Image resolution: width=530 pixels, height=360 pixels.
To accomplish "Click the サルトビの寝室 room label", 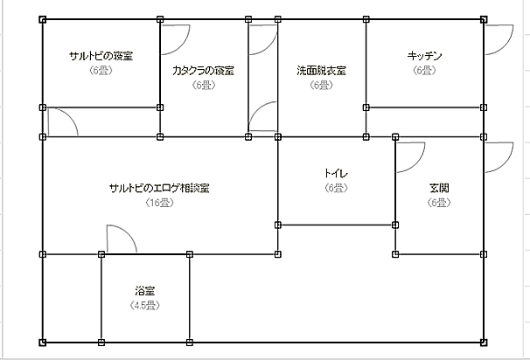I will [101, 57].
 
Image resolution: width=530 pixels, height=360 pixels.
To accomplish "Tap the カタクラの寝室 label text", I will [204, 70].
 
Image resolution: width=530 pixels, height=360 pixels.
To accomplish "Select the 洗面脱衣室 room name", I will [321, 70].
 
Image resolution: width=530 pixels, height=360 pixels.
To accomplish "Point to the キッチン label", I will [425, 56].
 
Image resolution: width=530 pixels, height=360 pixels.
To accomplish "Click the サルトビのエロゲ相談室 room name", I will [158, 188].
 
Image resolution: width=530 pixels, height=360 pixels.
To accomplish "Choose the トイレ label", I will [336, 173].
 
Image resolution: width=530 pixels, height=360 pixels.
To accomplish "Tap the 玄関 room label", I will [439, 188].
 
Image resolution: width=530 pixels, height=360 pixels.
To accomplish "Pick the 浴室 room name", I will [145, 290].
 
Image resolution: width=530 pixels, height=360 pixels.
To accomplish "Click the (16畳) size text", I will [158, 203].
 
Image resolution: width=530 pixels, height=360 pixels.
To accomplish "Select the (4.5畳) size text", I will [144, 305].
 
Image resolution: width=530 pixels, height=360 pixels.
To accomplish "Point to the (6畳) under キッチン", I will [425, 71].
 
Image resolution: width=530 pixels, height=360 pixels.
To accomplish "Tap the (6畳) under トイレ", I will [336, 188].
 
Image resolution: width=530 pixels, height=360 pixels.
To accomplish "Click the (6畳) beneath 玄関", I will [439, 203].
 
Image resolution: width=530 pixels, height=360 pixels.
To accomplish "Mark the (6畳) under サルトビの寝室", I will [101, 72].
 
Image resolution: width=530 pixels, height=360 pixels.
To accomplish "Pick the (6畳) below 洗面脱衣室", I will [321, 85].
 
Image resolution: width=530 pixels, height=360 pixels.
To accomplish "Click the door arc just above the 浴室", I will [121, 239].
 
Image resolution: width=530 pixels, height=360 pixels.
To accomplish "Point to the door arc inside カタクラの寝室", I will [178, 35].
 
